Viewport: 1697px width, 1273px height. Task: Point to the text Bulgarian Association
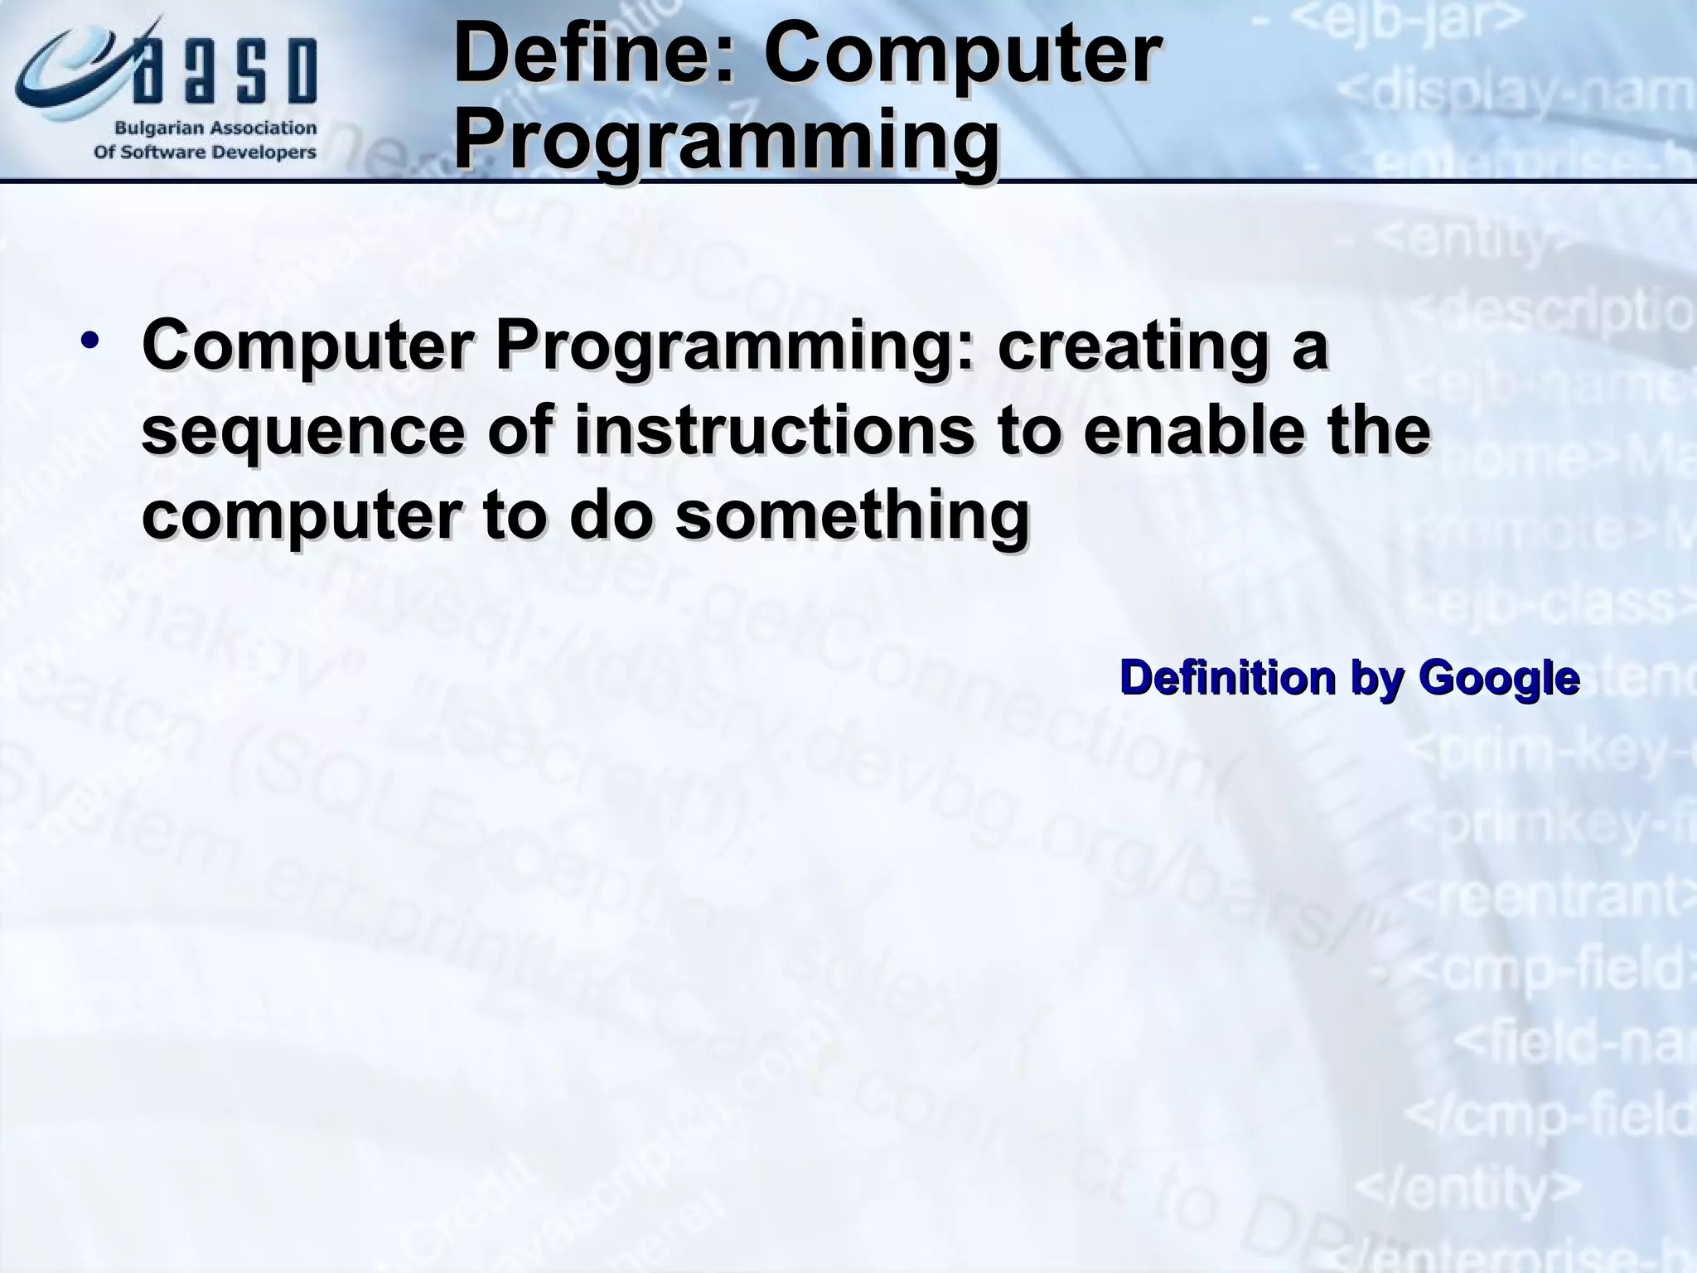click(x=215, y=128)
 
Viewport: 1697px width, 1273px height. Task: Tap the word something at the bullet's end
click(x=853, y=515)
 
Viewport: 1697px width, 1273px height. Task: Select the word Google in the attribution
click(x=1499, y=678)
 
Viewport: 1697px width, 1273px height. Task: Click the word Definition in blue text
click(x=1227, y=678)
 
